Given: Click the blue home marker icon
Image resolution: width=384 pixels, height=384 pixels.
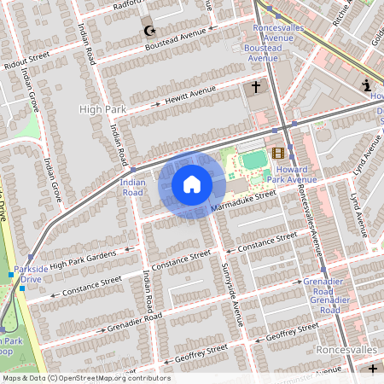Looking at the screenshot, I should [x=192, y=183].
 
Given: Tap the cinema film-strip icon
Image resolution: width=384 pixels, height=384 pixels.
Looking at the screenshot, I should [x=278, y=154].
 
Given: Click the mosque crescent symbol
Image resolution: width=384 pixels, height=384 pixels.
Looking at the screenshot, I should [x=150, y=32].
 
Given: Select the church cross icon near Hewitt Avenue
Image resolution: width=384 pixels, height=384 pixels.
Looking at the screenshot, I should [x=254, y=87].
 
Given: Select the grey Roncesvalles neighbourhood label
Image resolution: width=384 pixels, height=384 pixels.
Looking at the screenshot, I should [x=346, y=350].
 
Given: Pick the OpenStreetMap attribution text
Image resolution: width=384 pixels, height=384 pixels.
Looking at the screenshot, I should [x=85, y=378].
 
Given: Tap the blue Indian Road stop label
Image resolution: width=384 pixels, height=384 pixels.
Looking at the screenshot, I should [x=132, y=187].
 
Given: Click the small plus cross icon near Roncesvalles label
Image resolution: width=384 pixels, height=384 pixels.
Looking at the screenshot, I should [x=372, y=369].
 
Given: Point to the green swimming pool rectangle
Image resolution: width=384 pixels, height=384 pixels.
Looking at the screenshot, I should [x=253, y=160].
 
